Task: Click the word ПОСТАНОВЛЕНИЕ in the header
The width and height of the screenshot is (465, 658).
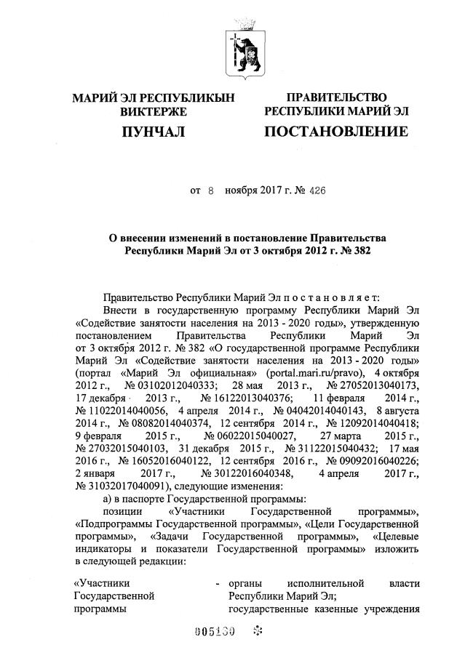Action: click(x=335, y=132)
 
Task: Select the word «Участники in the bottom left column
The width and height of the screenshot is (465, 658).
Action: click(x=103, y=582)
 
